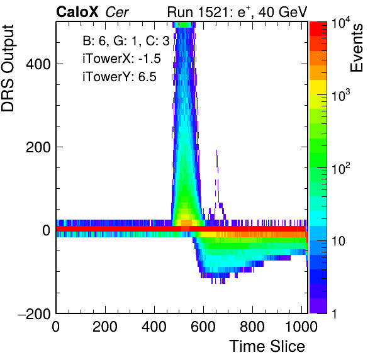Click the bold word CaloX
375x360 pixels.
click(x=77, y=12)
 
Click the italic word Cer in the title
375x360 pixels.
click(x=117, y=12)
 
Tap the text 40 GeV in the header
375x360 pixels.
click(x=283, y=12)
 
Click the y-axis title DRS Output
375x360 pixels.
click(x=8, y=68)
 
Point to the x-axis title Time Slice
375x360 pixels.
click(x=267, y=346)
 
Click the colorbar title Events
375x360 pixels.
click(x=356, y=48)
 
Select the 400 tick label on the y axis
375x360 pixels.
click(x=38, y=64)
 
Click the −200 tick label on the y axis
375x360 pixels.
click(x=35, y=313)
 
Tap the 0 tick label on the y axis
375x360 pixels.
click(x=47, y=230)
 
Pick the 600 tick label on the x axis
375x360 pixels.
click(x=203, y=326)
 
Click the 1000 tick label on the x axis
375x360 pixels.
click(x=301, y=326)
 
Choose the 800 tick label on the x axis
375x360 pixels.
click(x=252, y=326)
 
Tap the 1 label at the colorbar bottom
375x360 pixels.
click(x=334, y=313)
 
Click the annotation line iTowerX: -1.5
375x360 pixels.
click(x=121, y=59)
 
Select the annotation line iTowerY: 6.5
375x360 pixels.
click(x=120, y=77)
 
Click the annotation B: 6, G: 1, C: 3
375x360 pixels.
click(x=126, y=41)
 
